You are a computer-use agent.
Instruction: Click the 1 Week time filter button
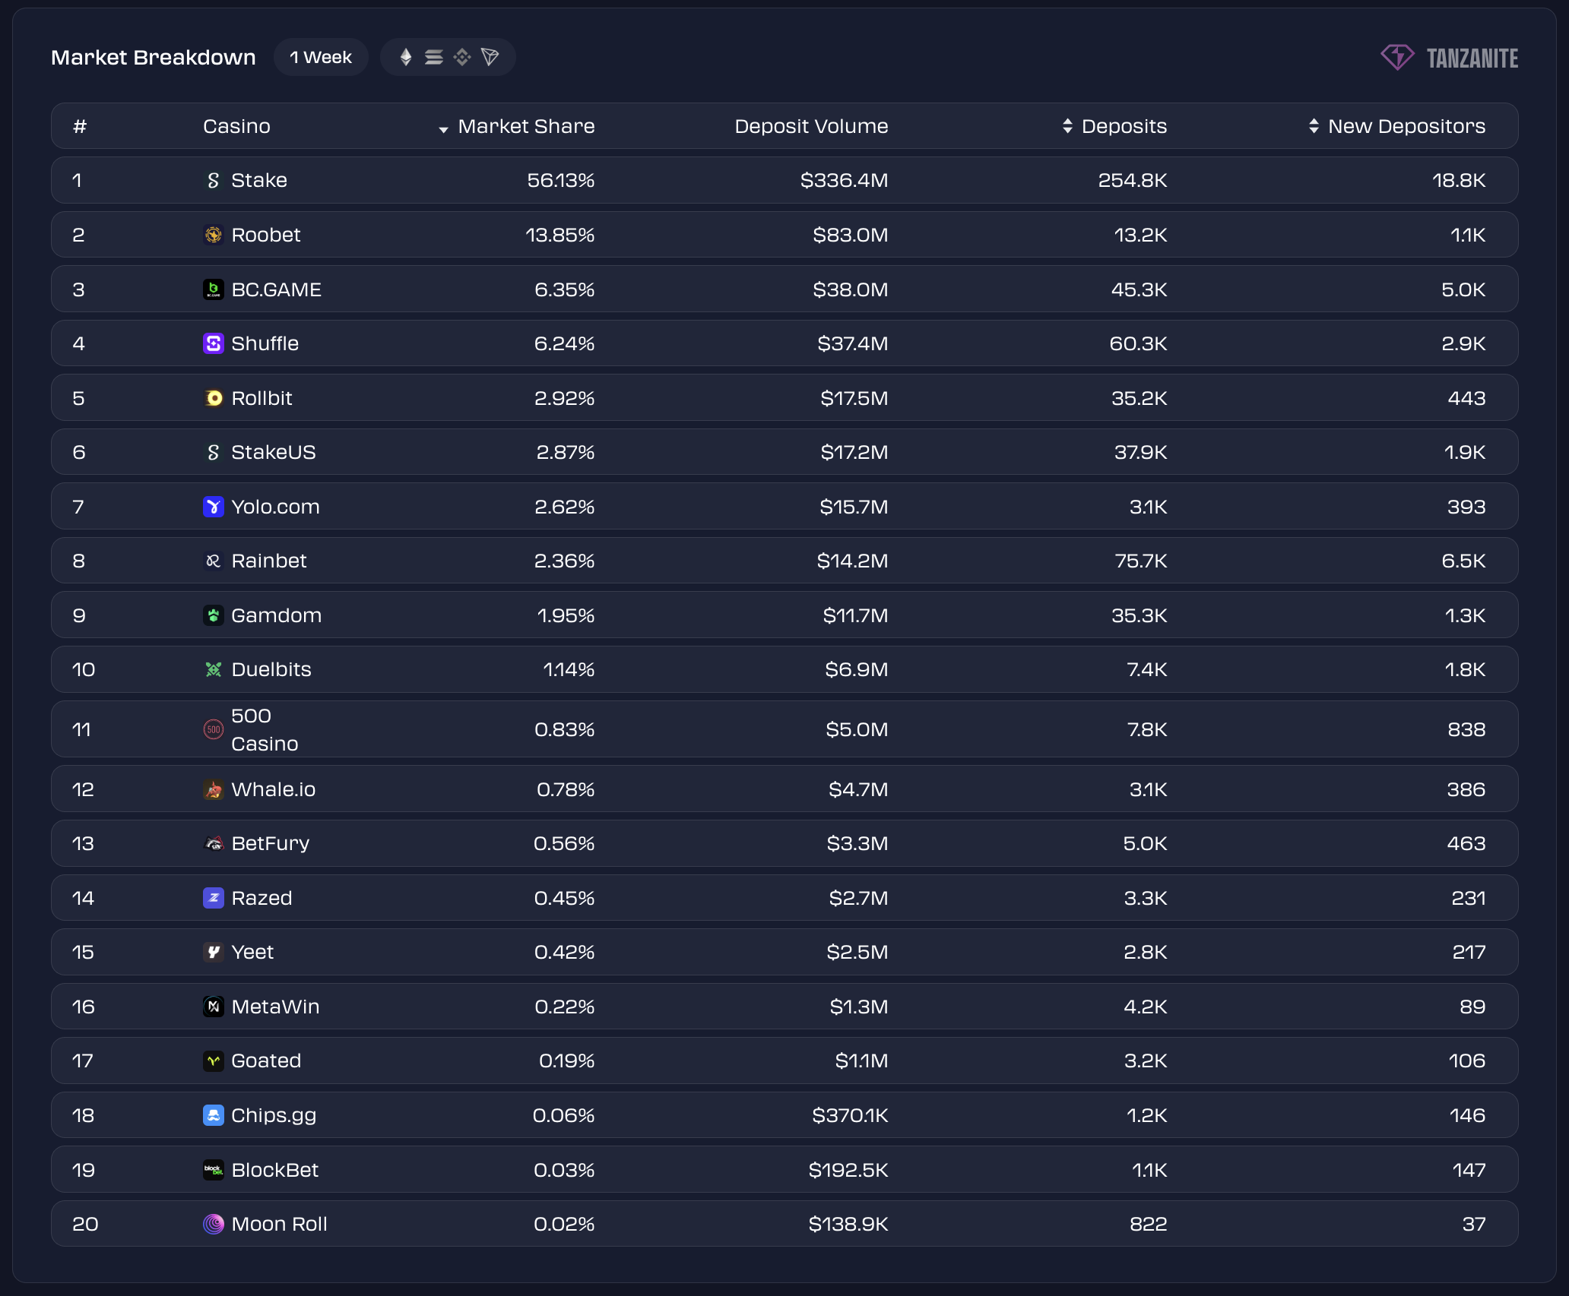321,58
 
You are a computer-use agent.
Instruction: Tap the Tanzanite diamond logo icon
1396,58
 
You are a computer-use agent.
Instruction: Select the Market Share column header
525,126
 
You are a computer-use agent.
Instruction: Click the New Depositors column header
1406,126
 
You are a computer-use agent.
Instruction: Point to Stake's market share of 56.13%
560,181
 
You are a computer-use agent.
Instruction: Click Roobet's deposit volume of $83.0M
850,235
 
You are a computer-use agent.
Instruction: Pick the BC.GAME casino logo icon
214,289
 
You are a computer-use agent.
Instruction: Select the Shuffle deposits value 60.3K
1138,344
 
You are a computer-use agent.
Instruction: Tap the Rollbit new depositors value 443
1466,399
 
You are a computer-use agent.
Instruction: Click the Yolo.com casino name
275,507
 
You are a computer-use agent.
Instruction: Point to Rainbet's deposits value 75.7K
1140,561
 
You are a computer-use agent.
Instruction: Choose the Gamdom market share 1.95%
565,616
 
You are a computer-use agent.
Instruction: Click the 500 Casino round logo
214,730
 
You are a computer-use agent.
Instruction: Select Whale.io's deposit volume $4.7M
857,790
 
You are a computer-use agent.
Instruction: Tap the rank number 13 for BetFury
83,844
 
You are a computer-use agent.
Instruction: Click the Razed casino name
261,899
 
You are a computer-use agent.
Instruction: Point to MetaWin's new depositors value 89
1472,1007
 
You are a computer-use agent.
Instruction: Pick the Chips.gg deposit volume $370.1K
849,1116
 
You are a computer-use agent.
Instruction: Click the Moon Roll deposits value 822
1148,1225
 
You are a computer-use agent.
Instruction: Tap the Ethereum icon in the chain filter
406,58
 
